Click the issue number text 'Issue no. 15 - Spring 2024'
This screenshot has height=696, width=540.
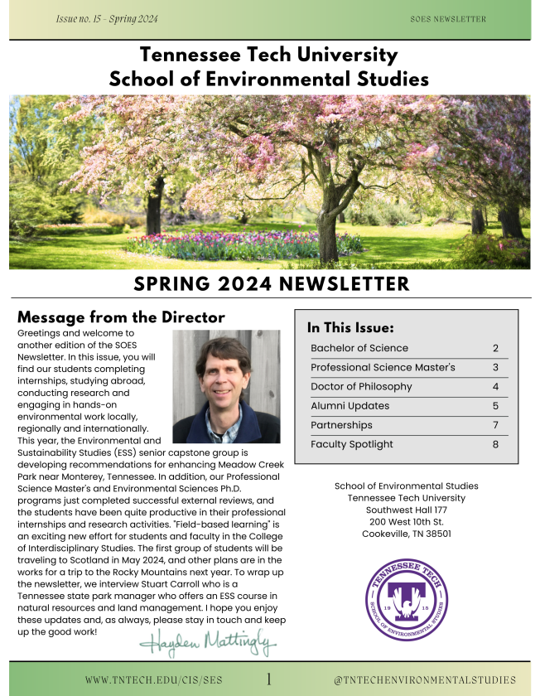click(x=106, y=18)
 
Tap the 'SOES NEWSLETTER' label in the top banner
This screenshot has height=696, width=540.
click(x=448, y=19)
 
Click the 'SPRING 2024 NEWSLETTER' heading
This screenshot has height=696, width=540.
click(x=271, y=284)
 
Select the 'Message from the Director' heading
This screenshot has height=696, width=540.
click(x=121, y=317)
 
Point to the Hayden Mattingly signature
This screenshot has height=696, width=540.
click(x=208, y=641)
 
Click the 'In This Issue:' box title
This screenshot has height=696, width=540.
click(x=350, y=327)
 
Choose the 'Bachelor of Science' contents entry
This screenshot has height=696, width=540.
click(x=359, y=348)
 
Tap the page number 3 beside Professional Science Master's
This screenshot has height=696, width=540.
click(x=495, y=367)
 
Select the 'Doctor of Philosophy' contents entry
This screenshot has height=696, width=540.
click(x=361, y=387)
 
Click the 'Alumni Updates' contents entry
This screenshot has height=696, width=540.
click(x=350, y=406)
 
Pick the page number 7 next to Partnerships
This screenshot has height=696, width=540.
click(x=495, y=425)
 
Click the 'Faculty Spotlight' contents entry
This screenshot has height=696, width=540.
click(x=352, y=444)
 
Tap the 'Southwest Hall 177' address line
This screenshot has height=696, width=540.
click(x=406, y=510)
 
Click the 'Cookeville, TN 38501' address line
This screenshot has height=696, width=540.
click(x=406, y=534)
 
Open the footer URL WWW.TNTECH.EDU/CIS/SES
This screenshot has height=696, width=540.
click(x=153, y=680)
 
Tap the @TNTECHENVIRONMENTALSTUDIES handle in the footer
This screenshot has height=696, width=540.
click(x=424, y=680)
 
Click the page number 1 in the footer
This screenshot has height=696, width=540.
click(x=269, y=679)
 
